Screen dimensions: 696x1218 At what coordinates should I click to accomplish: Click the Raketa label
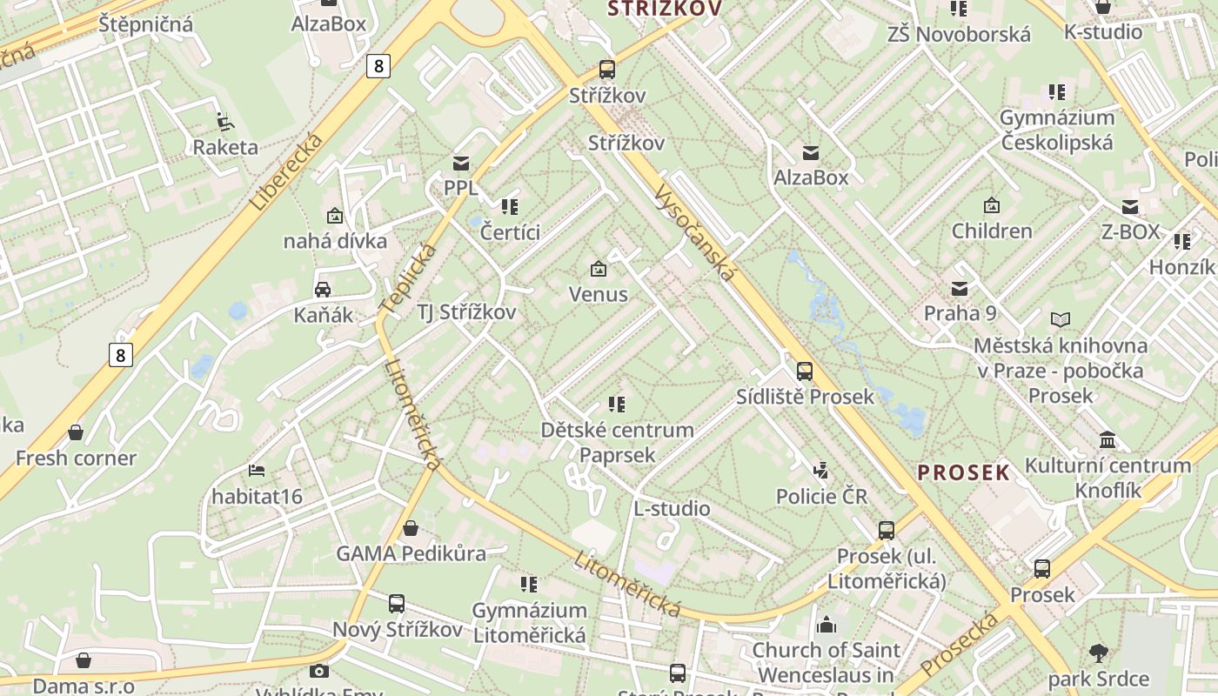pyautogui.click(x=225, y=146)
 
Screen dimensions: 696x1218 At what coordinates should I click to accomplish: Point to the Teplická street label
pyautogui.click(x=408, y=278)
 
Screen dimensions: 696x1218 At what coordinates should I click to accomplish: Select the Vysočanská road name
pyautogui.click(x=695, y=232)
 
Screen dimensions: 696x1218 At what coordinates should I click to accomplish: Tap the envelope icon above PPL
pyautogui.click(x=460, y=163)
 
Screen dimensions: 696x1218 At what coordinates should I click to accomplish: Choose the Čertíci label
pyautogui.click(x=510, y=231)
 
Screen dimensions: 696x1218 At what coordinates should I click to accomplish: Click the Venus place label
pyautogui.click(x=599, y=294)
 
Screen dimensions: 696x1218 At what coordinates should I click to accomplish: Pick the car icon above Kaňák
pyautogui.click(x=322, y=290)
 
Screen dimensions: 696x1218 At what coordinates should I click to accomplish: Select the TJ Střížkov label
pyautogui.click(x=466, y=312)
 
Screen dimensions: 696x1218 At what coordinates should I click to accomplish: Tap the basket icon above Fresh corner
pyautogui.click(x=76, y=432)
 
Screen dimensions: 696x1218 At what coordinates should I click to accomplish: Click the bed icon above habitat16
pyautogui.click(x=257, y=471)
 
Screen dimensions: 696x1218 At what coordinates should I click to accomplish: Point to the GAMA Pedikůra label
pyautogui.click(x=411, y=553)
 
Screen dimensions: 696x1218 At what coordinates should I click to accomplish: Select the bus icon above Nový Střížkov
pyautogui.click(x=397, y=603)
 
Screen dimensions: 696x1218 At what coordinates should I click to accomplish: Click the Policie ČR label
pyautogui.click(x=821, y=496)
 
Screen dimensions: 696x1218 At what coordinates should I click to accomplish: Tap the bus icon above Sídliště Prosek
pyautogui.click(x=805, y=371)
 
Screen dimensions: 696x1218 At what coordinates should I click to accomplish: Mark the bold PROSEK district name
pyautogui.click(x=963, y=472)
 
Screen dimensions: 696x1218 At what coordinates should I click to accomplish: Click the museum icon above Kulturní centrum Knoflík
pyautogui.click(x=1108, y=439)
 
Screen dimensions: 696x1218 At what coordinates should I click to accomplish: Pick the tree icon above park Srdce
pyautogui.click(x=1099, y=652)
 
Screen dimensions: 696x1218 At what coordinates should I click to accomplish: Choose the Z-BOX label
pyautogui.click(x=1130, y=231)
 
